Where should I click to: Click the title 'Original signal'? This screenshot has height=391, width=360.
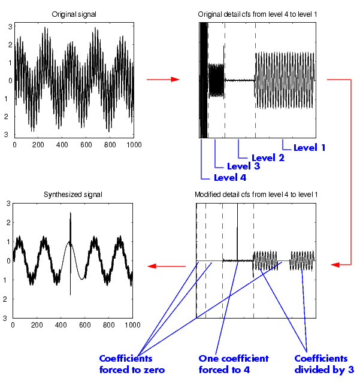[74, 14]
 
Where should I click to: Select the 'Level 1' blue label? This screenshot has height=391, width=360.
[309, 147]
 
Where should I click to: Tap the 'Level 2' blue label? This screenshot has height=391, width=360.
[267, 157]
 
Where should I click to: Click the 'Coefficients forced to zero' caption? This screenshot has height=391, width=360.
[131, 364]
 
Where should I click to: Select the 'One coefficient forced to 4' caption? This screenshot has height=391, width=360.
[233, 364]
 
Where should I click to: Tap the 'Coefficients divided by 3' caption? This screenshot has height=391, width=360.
[324, 364]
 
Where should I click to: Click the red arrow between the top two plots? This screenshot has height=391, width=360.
[163, 79]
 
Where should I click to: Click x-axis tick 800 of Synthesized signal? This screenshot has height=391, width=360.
[108, 325]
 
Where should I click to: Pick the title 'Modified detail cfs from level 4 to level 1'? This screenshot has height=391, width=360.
[256, 195]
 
